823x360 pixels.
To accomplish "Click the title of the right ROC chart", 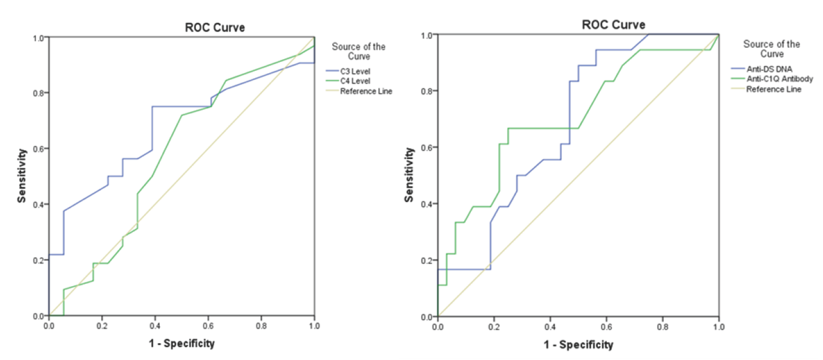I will click(x=614, y=25).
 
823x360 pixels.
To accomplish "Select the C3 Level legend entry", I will click(x=359, y=71).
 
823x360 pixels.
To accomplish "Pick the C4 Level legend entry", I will click(x=359, y=81).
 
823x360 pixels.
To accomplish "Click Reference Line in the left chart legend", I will click(x=366, y=91).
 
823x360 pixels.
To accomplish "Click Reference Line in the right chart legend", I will click(x=774, y=89).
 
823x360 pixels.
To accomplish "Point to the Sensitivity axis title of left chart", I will click(x=22, y=176).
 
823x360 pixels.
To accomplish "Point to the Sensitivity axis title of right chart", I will click(x=410, y=175).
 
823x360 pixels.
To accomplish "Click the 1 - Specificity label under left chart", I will click(x=181, y=344).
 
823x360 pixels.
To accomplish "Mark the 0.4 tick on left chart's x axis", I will click(x=155, y=325).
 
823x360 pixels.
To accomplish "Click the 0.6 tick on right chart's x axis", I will click(x=606, y=326).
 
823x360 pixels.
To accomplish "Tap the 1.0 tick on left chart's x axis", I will click(x=314, y=325).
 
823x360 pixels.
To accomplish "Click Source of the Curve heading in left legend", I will click(x=359, y=51).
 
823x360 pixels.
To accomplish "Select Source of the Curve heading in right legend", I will click(x=772, y=49).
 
